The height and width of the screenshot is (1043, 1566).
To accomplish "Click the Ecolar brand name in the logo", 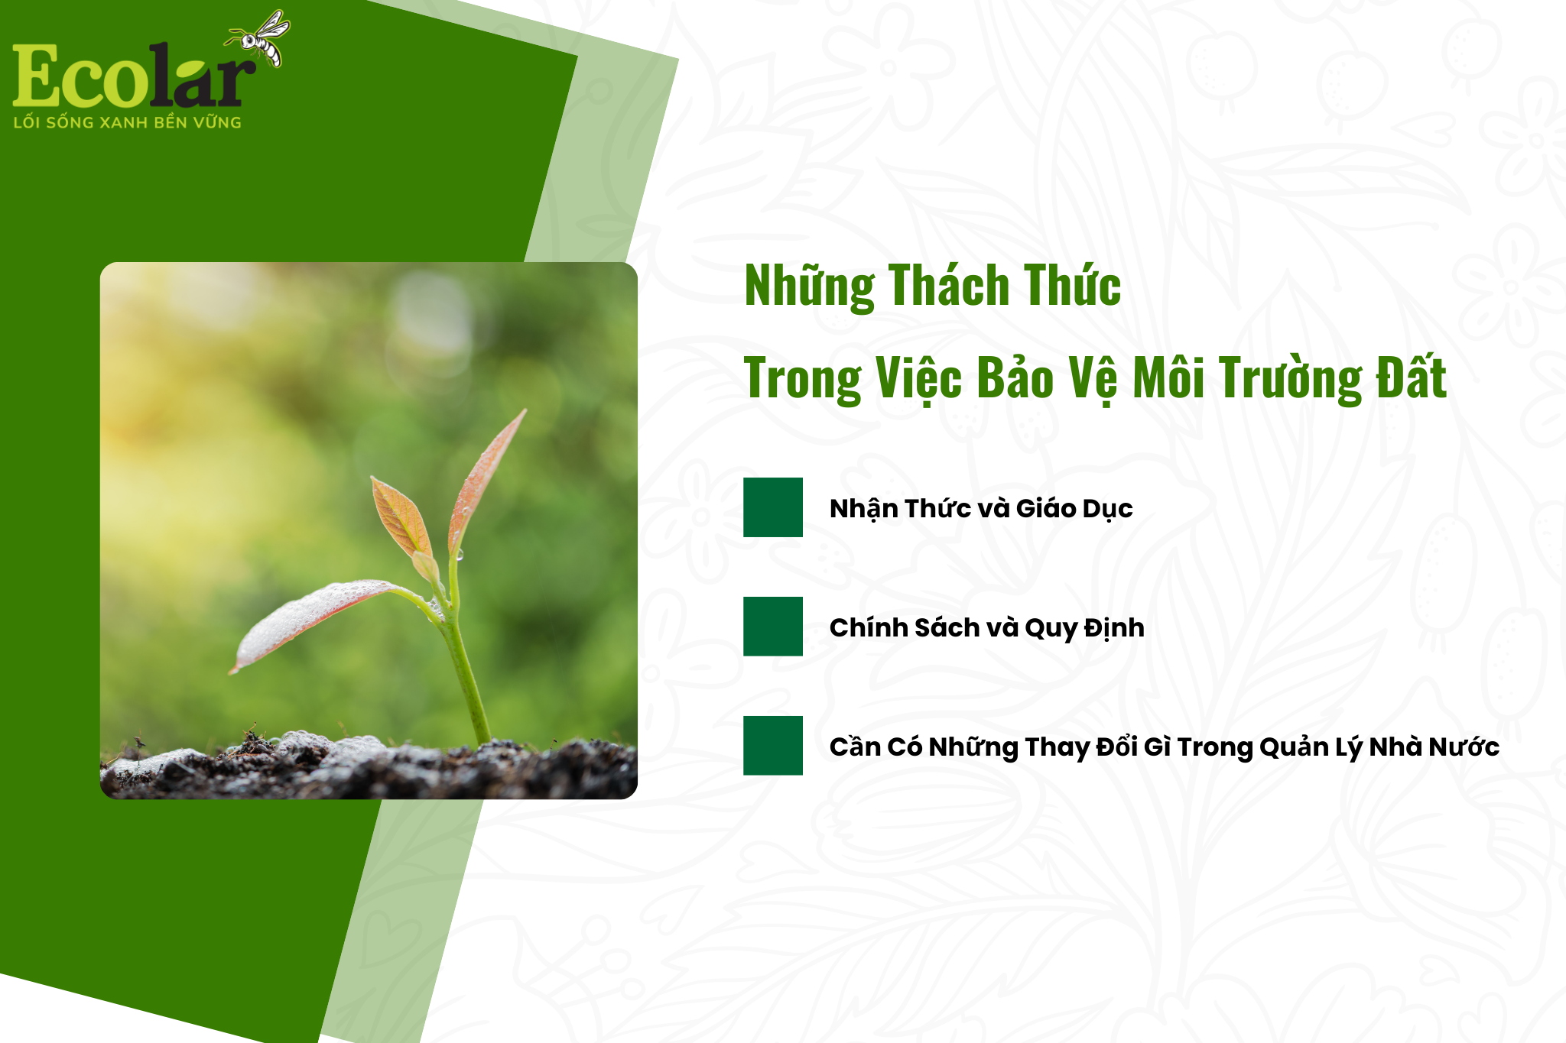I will coord(130,76).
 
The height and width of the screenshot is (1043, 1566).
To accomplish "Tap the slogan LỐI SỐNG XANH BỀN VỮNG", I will coord(127,122).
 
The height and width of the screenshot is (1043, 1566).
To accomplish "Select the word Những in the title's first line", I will coord(810,286).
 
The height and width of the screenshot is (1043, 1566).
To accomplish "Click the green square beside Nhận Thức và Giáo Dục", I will coord(773,507).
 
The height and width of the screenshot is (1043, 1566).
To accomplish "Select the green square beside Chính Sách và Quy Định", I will coord(773,627).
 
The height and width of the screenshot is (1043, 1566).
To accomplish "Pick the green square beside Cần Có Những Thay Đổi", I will coord(773,746).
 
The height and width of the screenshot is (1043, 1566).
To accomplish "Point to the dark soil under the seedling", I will coord(367,772).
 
